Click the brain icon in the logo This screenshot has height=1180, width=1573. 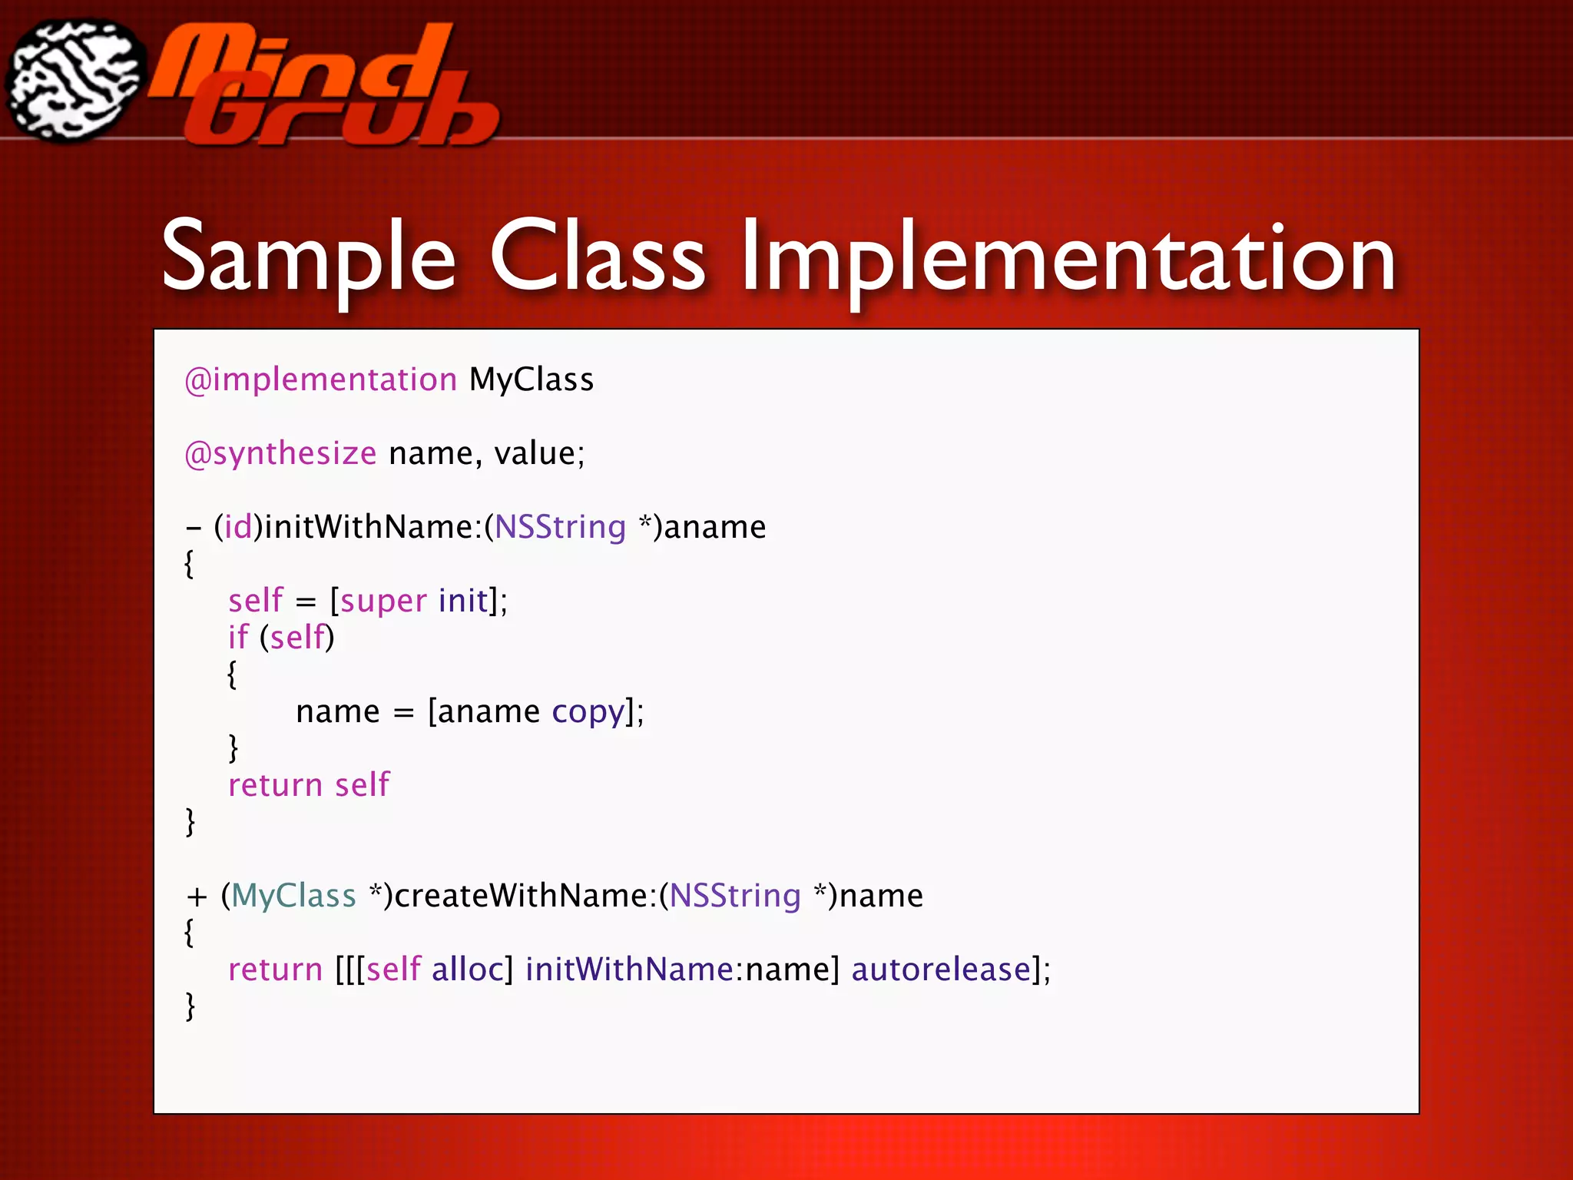(75, 81)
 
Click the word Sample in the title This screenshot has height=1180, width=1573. (309, 257)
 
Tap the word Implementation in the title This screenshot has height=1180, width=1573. (1068, 257)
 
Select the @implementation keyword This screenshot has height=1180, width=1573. (321, 380)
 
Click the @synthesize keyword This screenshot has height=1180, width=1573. (280, 453)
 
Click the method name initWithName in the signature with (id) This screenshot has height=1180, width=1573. (368, 527)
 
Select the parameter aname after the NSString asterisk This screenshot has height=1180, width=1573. (714, 527)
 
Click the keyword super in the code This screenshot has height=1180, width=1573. (383, 601)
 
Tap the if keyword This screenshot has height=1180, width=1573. (238, 638)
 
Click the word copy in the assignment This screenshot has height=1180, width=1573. (588, 711)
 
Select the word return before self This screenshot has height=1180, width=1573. (275, 785)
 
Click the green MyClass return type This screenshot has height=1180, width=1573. (293, 896)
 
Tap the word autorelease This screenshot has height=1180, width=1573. (940, 970)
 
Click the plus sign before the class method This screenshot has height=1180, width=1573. (197, 897)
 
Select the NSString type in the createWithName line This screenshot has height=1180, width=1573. (735, 896)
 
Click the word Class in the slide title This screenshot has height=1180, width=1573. (597, 257)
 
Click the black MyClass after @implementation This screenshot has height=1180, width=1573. (531, 380)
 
